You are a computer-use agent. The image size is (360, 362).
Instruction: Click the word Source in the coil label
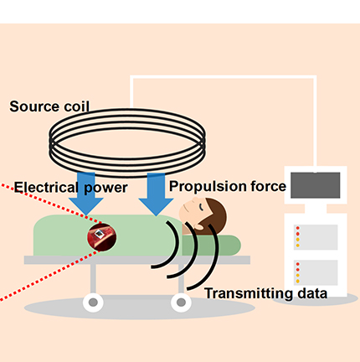pyautogui.click(x=34, y=106)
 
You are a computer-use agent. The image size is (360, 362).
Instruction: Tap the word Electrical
pyautogui.click(x=46, y=187)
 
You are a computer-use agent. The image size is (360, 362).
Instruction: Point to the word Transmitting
pyautogui.click(x=249, y=293)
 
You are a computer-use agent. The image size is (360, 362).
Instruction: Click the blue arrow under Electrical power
pyautogui.click(x=86, y=194)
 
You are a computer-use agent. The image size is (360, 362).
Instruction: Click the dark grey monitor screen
pyautogui.click(x=316, y=185)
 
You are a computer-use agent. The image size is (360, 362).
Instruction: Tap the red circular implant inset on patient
pyautogui.click(x=102, y=237)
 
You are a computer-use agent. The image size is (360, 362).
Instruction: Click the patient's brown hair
pyautogui.click(x=215, y=216)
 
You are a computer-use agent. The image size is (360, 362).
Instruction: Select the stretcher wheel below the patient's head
pyautogui.click(x=181, y=303)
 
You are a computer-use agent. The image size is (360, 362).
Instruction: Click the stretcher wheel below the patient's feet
pyautogui.click(x=93, y=303)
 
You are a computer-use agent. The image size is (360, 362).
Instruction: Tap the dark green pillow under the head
pyautogui.click(x=211, y=246)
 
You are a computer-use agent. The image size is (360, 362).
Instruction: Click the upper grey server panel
pyautogui.click(x=316, y=237)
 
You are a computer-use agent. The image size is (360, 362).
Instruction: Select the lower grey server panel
pyautogui.click(x=316, y=272)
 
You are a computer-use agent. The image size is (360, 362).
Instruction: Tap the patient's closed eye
pyautogui.click(x=202, y=207)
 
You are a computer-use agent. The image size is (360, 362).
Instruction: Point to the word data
pyautogui.click(x=312, y=293)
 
